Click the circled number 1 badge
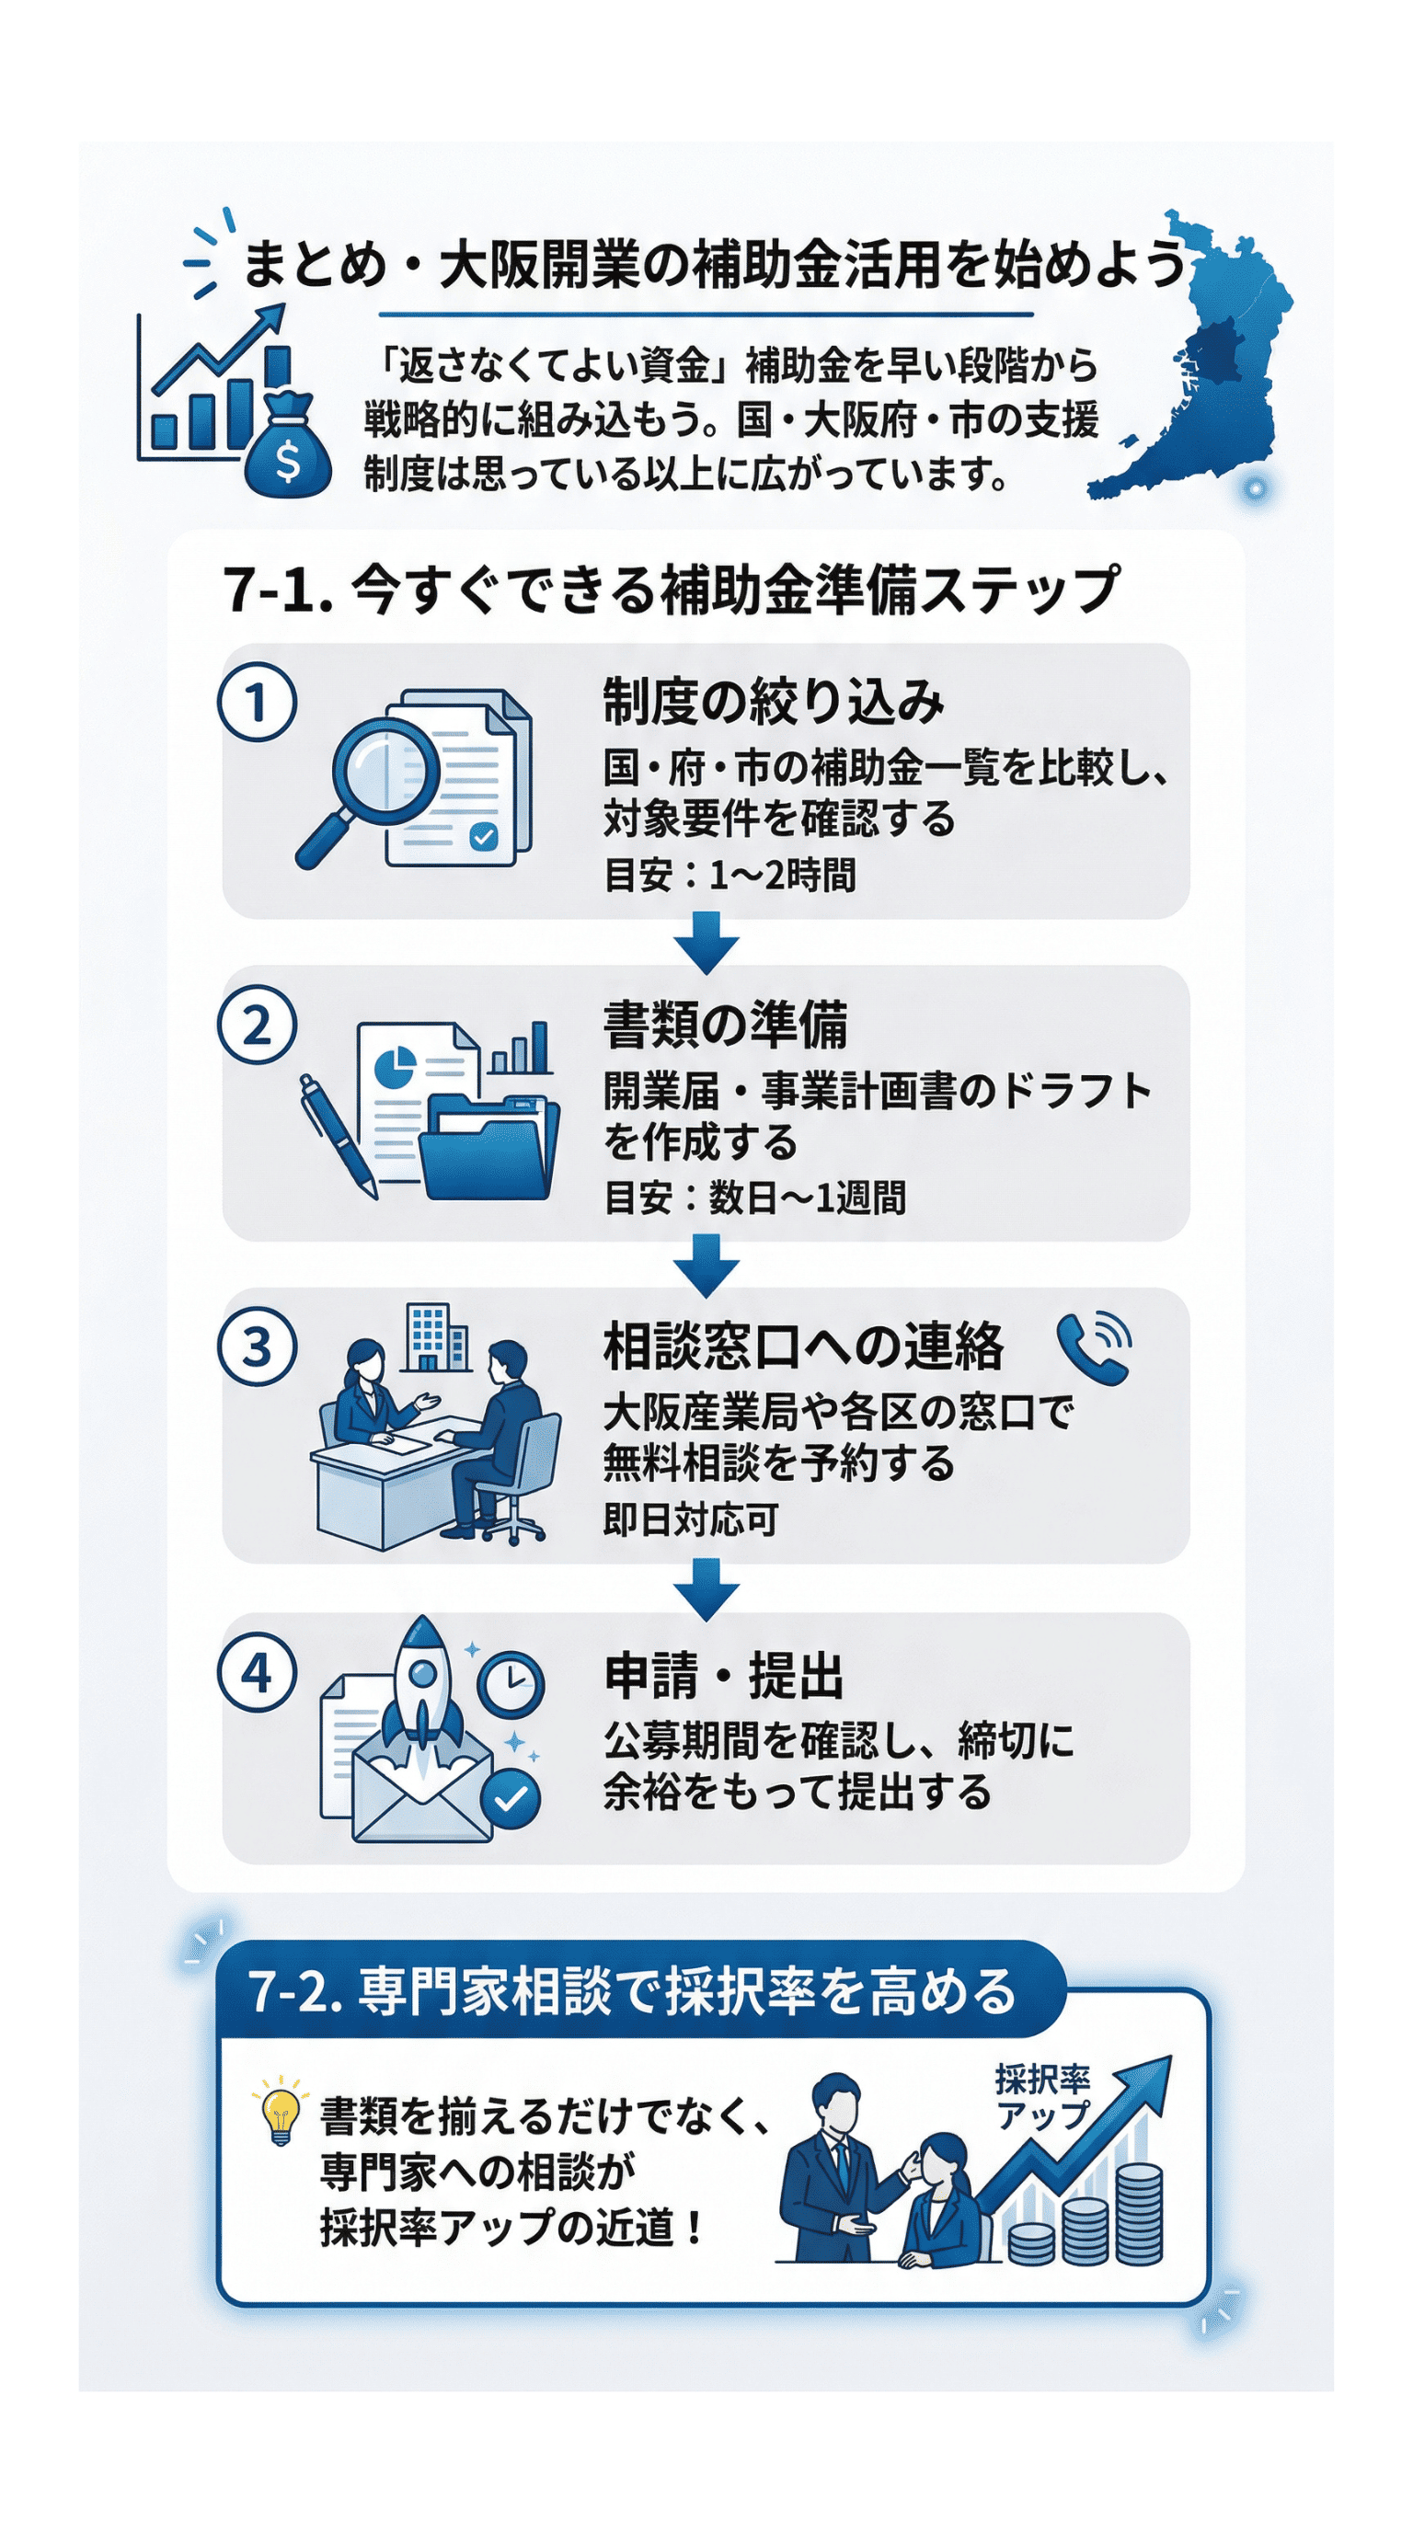pos(257,702)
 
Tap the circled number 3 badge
pos(257,1347)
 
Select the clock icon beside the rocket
pos(511,1683)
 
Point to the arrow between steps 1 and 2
pos(706,942)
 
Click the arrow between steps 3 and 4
pos(706,1587)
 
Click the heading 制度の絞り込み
pos(773,702)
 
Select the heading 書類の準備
pos(725,1025)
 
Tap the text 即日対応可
pos(690,1520)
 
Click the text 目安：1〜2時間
pos(729,874)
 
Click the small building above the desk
pos(433,1336)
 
